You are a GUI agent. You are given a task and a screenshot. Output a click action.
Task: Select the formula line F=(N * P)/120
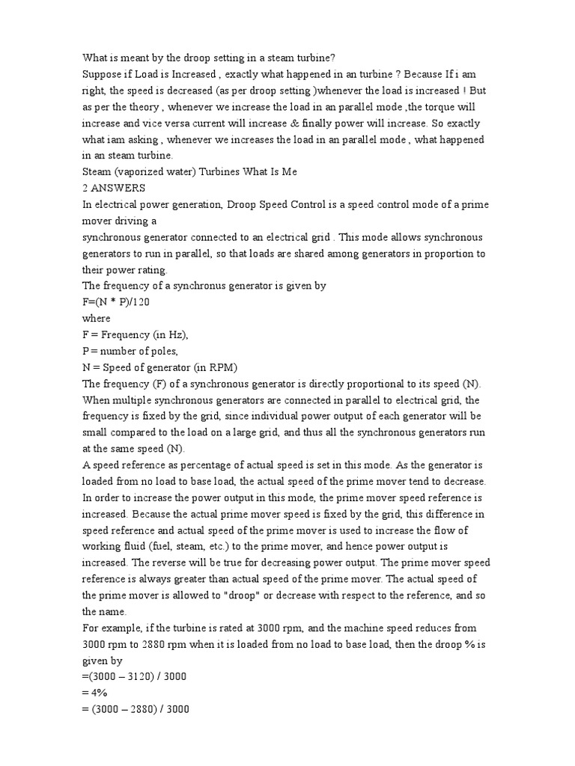coord(118,302)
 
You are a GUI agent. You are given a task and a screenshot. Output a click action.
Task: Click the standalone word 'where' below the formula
coord(97,319)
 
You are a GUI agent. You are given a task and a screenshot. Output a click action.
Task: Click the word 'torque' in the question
coord(440,107)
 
